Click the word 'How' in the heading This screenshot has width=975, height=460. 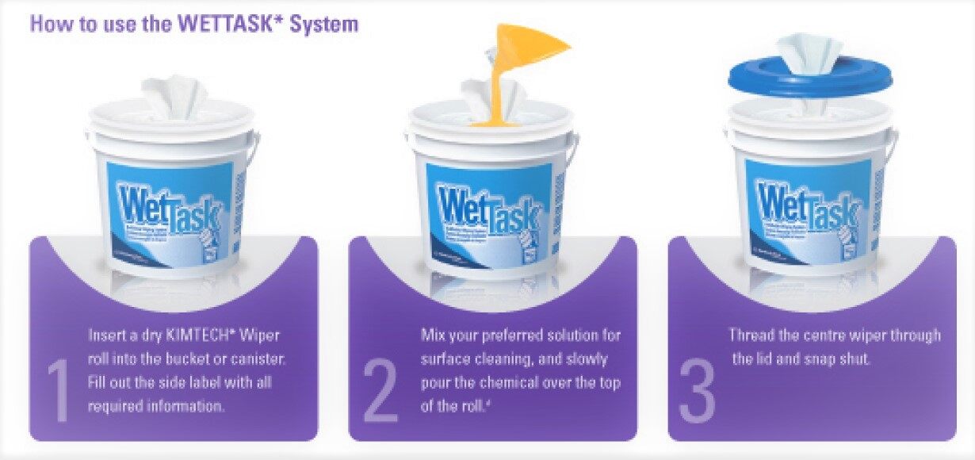[48, 24]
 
